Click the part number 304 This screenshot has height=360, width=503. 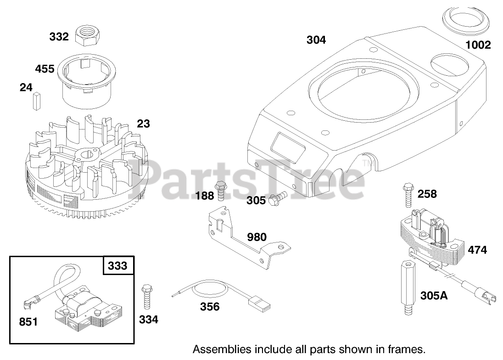[x=316, y=40]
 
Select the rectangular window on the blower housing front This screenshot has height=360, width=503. [x=288, y=146]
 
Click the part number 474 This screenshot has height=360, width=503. [x=477, y=250]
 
